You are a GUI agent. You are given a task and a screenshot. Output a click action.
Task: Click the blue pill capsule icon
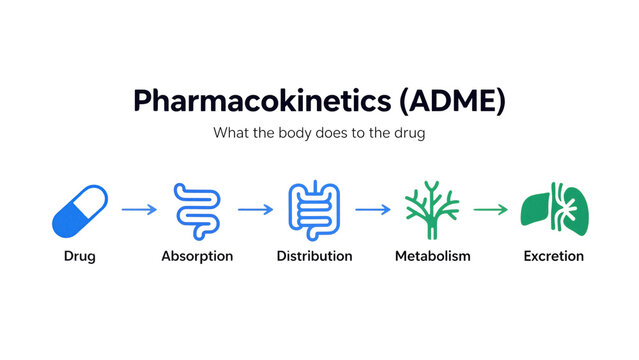click(x=79, y=210)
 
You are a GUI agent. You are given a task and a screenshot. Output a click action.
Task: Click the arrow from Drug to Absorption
click(x=138, y=210)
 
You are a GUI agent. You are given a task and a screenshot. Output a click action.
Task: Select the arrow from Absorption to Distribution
click(x=255, y=210)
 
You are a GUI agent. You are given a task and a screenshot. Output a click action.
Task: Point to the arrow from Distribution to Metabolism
click(x=372, y=210)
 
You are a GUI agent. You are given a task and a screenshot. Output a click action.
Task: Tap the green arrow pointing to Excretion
click(x=490, y=210)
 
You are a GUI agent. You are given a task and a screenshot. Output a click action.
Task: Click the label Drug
click(x=79, y=256)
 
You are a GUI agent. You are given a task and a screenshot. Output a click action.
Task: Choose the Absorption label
click(x=197, y=256)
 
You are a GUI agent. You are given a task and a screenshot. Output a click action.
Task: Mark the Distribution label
click(x=314, y=256)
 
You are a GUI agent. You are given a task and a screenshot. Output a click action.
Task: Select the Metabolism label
click(x=432, y=256)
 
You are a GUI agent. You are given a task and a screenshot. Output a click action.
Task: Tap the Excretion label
click(x=553, y=256)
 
